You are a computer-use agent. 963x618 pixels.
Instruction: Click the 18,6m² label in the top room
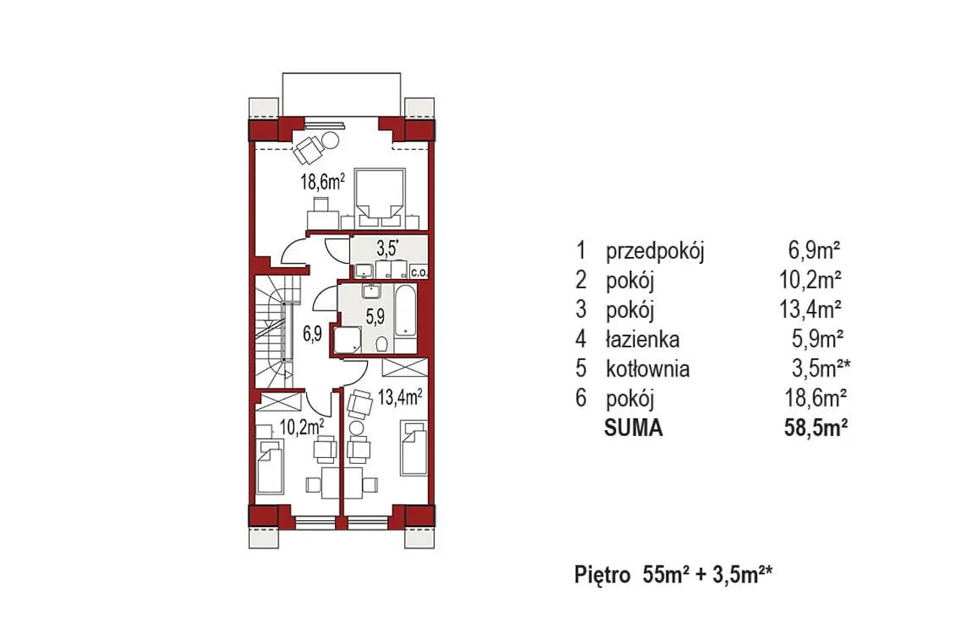[323, 182]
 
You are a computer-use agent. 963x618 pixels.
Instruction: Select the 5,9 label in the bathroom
[375, 317]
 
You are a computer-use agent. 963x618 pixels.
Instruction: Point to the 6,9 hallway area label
[312, 334]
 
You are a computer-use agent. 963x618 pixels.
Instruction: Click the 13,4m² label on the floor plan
[399, 397]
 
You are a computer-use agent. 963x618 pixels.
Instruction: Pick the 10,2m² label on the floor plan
[302, 427]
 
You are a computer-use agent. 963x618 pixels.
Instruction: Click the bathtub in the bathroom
[405, 311]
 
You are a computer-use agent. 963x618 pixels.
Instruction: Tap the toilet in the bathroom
[381, 344]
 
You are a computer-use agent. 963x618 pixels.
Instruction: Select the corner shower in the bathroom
[348, 340]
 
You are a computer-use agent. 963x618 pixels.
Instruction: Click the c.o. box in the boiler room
[419, 272]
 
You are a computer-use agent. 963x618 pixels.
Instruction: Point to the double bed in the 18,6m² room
[380, 198]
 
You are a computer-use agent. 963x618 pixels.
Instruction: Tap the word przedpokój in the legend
[655, 251]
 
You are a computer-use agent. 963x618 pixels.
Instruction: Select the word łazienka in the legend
[643, 340]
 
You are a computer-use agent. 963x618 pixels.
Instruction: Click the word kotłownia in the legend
[648, 368]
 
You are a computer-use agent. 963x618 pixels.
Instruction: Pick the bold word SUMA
[633, 428]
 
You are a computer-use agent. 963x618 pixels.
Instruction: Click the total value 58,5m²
[816, 428]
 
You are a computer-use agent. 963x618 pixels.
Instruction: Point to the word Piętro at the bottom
[603, 575]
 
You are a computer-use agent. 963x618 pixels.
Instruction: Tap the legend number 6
[581, 398]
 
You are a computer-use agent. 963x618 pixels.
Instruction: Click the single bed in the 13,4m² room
[414, 448]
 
